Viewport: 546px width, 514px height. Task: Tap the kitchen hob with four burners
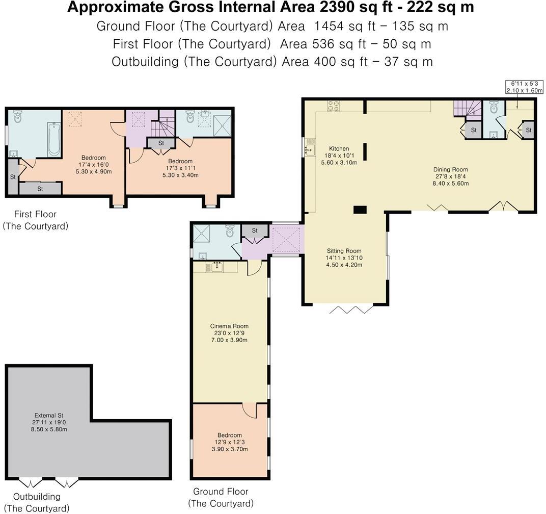pyautogui.click(x=333, y=106)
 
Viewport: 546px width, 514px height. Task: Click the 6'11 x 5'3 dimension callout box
pyautogui.click(x=525, y=87)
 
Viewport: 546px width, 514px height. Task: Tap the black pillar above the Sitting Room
pyautogui.click(x=360, y=210)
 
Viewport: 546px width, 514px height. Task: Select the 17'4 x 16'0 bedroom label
pyautogui.click(x=93, y=165)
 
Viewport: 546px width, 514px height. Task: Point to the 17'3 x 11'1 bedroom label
pyautogui.click(x=180, y=168)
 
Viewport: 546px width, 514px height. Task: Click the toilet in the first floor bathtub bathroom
pyautogui.click(x=17, y=116)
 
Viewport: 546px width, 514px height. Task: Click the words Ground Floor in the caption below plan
pyautogui.click(x=221, y=492)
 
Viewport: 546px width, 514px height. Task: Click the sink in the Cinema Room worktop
pyautogui.click(x=217, y=267)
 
